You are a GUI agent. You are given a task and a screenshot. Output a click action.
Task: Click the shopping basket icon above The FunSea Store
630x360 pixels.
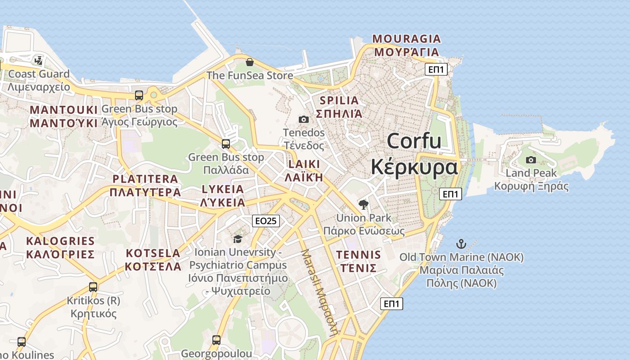click(250, 62)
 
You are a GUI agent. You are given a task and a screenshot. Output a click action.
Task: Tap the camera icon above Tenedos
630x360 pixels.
click(304, 119)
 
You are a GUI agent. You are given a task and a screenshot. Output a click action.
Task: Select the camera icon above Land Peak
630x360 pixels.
click(531, 160)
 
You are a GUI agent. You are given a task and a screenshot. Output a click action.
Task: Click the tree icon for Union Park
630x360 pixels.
click(364, 205)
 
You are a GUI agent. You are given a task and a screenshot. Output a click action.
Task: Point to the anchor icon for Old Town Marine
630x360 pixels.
click(461, 244)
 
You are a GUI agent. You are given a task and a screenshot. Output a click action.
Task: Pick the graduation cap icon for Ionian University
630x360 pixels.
click(238, 239)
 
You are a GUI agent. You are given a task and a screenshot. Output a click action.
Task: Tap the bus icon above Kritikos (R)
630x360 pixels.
click(93, 287)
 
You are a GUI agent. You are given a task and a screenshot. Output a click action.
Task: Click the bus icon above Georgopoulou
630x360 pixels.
click(216, 340)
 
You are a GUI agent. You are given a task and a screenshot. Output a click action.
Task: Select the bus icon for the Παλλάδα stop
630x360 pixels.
click(226, 144)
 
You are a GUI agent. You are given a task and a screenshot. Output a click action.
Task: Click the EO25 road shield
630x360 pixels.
click(266, 220)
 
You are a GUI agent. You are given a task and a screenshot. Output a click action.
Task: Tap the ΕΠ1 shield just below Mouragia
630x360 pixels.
click(436, 69)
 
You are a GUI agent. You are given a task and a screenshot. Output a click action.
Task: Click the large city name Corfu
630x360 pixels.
click(414, 141)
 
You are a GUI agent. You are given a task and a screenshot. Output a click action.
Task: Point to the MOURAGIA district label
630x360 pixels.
click(407, 39)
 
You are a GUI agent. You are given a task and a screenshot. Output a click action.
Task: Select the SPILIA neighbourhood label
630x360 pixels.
click(339, 100)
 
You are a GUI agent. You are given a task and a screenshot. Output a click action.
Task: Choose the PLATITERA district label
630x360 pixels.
click(145, 179)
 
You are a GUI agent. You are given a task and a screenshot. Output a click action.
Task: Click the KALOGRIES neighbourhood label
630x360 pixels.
click(60, 241)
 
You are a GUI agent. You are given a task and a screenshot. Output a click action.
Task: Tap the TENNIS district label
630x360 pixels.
click(359, 255)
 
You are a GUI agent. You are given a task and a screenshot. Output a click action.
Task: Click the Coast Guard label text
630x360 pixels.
click(39, 74)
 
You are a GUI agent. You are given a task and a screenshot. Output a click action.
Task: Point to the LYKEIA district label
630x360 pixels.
click(223, 189)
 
